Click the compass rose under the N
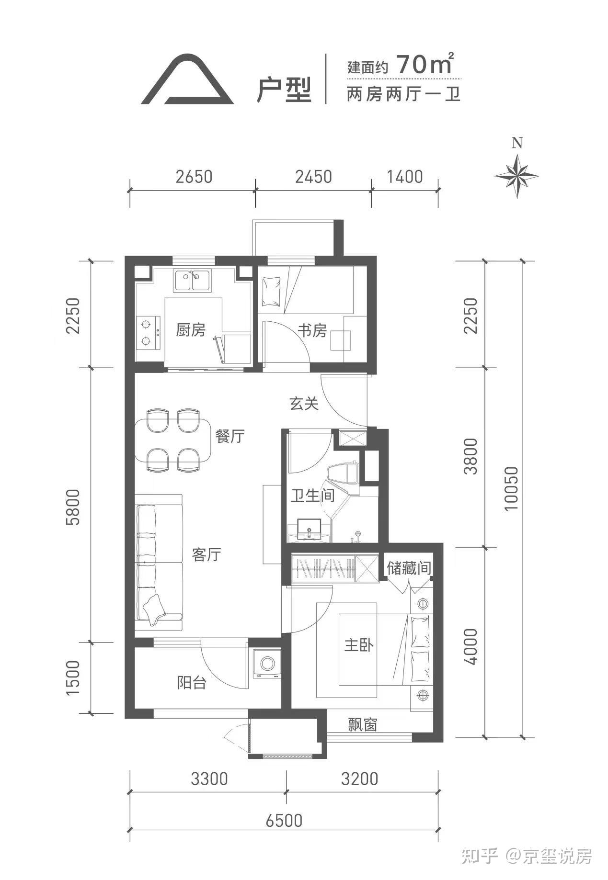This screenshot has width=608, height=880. coord(516,175)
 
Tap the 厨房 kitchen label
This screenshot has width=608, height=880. coord(190,330)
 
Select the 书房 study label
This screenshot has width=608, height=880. coord(312,330)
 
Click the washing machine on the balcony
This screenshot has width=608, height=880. coord(267,664)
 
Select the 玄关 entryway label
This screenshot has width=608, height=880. coord(304,404)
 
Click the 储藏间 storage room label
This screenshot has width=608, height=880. coord(409,568)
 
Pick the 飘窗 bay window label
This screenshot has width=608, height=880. coord(362,725)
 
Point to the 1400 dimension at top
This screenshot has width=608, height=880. coord(405,177)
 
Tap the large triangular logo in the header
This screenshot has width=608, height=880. coord(187,79)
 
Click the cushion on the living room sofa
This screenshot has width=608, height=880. coord(154,609)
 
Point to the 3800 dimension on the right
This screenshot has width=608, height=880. coord(470,456)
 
